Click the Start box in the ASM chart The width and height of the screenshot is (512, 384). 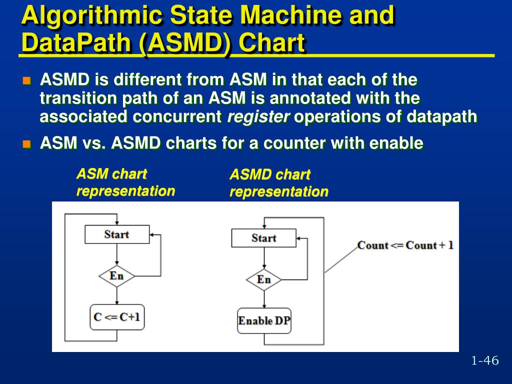coord(117,234)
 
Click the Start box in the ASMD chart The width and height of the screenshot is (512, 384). coord(263,238)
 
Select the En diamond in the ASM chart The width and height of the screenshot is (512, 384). coord(116,276)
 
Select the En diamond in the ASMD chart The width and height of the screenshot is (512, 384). coord(263,279)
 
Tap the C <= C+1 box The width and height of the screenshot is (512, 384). coord(117,317)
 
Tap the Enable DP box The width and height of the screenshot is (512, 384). coord(263,321)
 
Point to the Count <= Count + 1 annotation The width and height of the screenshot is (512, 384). coord(405,245)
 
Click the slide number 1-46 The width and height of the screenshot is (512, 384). coord(484,360)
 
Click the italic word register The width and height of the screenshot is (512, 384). coord(258,117)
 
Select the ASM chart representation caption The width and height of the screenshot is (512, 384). coord(125,182)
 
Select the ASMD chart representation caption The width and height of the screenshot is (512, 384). coord(278,183)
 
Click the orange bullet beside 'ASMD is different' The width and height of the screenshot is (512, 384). coord(27,80)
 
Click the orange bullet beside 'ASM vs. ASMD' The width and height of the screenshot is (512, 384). coord(27,144)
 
